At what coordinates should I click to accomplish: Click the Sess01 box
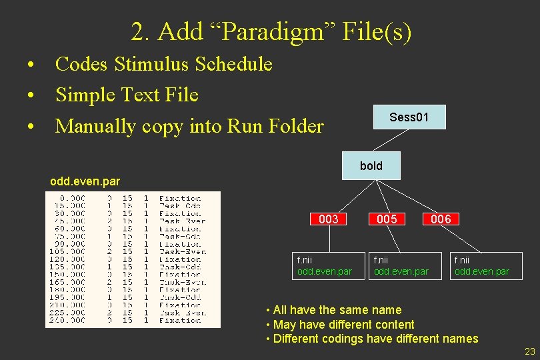point(409,117)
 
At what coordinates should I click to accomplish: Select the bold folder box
point(371,165)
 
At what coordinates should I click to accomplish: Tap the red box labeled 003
point(329,219)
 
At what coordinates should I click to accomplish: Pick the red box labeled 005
point(386,219)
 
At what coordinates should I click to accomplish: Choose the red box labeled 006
point(441,219)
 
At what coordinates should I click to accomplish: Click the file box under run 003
point(325,266)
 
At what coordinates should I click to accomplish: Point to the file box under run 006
point(482,266)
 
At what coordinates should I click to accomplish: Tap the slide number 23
point(530,351)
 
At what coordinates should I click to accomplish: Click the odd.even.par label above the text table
point(85,180)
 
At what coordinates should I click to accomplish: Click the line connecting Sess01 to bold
point(390,141)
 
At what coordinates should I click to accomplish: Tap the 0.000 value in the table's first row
point(72,198)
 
